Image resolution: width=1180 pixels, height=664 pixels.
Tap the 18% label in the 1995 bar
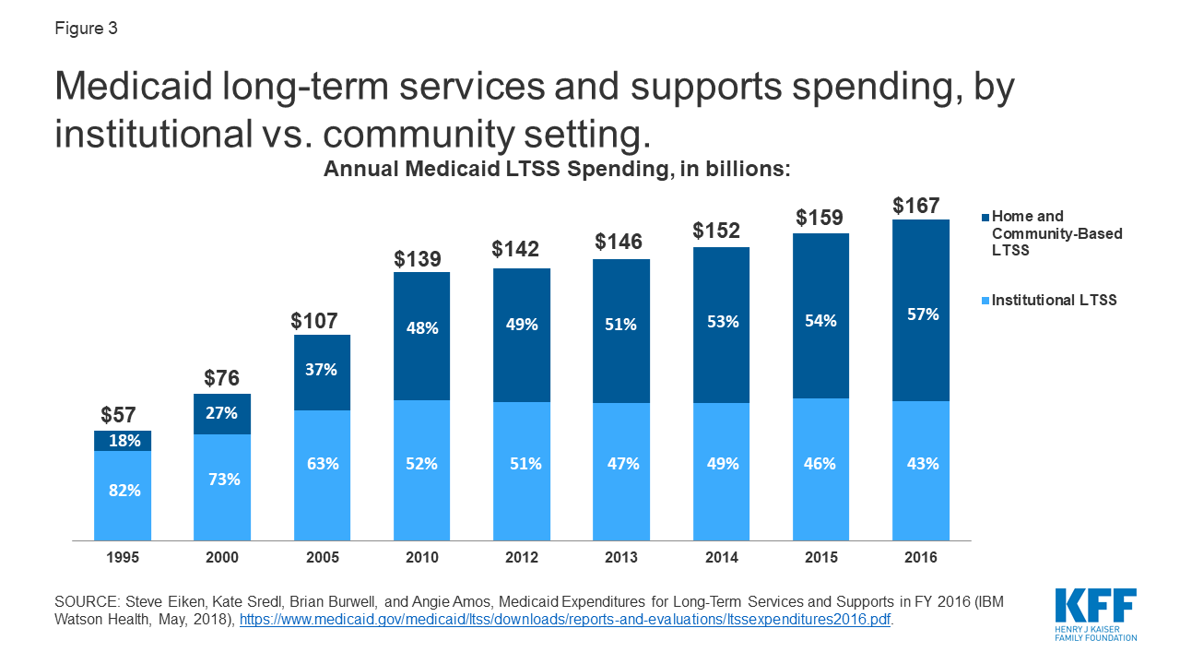124,441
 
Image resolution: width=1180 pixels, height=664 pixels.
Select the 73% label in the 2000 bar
223,479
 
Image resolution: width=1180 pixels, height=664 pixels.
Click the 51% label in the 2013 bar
621,325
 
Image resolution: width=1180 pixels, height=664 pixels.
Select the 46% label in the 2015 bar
820,464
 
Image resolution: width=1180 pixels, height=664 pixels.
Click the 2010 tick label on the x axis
422,558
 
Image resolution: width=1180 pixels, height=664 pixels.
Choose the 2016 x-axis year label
921,558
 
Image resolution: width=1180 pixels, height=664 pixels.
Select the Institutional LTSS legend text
1055,301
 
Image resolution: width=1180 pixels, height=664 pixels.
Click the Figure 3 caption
85,29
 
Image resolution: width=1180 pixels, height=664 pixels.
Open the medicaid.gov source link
565,620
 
